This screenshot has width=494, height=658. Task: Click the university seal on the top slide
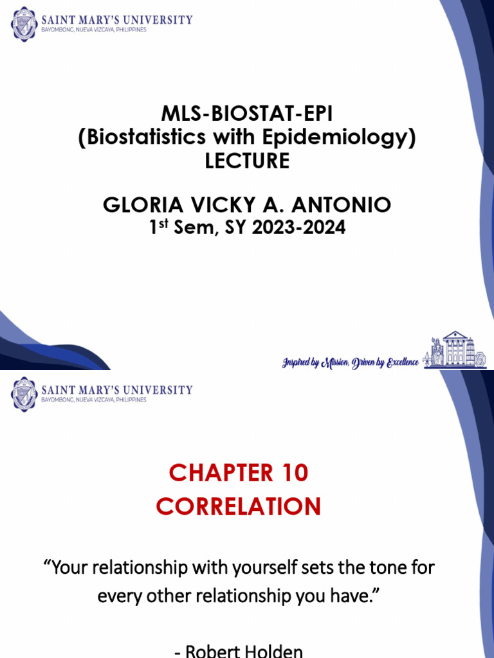[x=24, y=24]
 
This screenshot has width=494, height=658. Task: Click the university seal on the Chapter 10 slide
[x=24, y=394]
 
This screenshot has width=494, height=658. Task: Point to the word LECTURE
[x=247, y=161]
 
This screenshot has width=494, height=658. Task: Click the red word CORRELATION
[x=238, y=507]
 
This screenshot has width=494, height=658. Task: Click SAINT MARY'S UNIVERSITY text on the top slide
[x=116, y=19]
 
